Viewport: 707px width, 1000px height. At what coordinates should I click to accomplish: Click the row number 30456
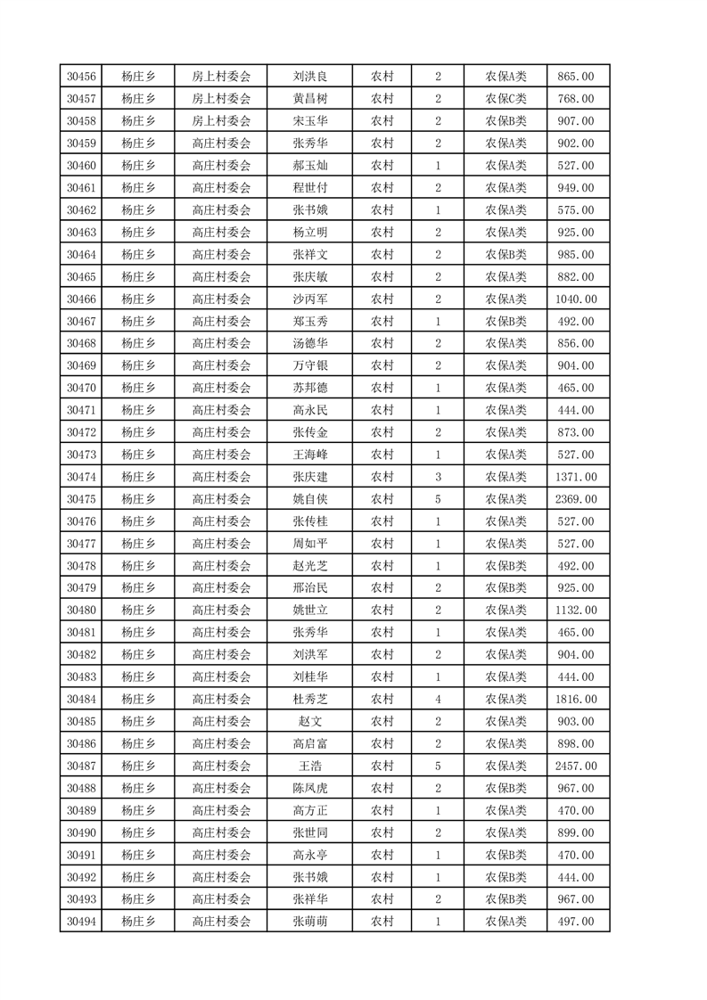[81, 77]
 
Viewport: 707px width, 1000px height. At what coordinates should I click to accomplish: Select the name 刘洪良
[309, 77]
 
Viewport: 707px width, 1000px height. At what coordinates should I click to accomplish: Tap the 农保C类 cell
[506, 99]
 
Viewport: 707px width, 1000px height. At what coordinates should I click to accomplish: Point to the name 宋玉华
[309, 121]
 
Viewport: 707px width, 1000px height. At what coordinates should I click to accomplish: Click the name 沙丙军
[309, 299]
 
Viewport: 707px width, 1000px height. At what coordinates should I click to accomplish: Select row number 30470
[81, 388]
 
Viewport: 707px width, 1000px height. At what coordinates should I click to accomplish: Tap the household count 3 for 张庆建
[438, 477]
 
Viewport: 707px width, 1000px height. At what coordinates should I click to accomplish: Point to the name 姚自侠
[309, 499]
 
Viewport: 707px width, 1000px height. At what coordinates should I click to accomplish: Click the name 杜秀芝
[309, 699]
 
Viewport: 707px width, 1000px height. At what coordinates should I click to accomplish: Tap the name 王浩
[309, 766]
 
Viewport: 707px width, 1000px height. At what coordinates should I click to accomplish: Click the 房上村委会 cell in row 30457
[221, 99]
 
